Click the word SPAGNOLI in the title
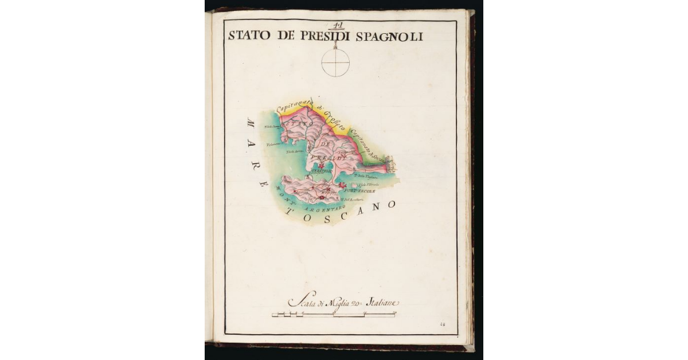click(x=389, y=36)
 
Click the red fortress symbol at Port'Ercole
click(x=343, y=185)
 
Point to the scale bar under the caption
click(x=334, y=314)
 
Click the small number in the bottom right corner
click(x=443, y=324)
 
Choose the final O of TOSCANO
click(x=392, y=204)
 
